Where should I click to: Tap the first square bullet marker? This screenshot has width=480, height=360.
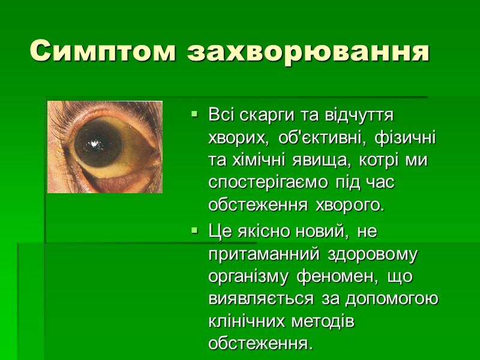[x=193, y=113]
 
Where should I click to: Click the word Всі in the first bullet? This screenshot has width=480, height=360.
[x=221, y=113]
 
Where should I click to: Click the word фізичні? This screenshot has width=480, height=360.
[x=405, y=138]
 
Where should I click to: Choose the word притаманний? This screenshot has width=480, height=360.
[x=265, y=254]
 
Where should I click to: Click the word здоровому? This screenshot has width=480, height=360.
[x=373, y=254]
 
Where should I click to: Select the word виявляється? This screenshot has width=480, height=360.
[x=260, y=299]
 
